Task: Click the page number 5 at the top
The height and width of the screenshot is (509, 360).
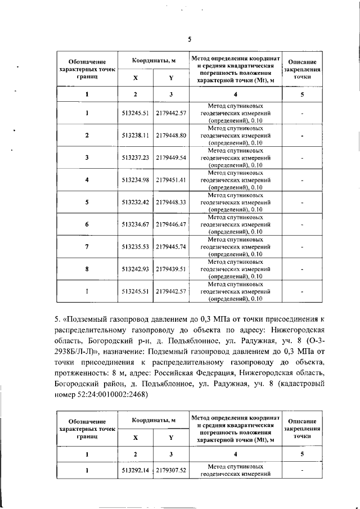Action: [x=190, y=39]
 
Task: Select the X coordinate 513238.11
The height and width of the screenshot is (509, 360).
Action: [x=134, y=136]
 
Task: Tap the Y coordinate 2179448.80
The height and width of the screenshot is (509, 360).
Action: [x=171, y=136]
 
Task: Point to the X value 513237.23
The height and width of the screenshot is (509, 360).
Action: [x=134, y=157]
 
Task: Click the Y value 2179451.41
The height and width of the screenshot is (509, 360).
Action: [x=171, y=180]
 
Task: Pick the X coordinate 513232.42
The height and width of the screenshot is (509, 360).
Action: [x=134, y=202]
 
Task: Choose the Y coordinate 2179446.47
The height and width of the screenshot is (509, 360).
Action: [x=171, y=224]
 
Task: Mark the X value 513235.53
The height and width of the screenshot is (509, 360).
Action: [x=134, y=246]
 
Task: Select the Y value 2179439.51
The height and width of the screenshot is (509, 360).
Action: [x=171, y=269]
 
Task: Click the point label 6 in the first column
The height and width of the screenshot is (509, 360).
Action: [x=87, y=224]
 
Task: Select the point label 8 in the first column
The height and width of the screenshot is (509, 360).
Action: [x=87, y=269]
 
